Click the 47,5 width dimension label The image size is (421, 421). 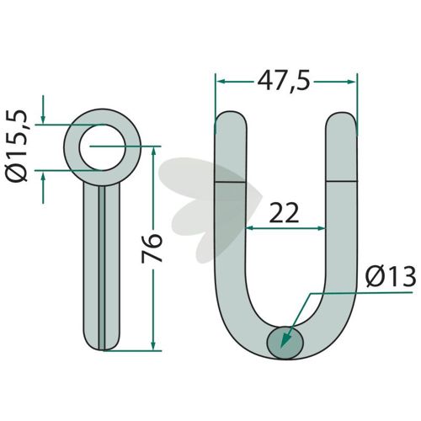click(284, 82)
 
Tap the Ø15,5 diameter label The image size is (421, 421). click(18, 147)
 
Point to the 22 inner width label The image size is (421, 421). click(284, 213)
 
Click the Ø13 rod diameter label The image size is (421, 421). click(391, 277)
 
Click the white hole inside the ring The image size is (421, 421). click(102, 147)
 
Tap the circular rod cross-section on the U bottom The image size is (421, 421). click(285, 343)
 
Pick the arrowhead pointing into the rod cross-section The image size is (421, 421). click(285, 340)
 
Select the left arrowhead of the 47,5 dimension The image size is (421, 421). click(221, 82)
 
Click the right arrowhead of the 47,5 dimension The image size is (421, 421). click(351, 82)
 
